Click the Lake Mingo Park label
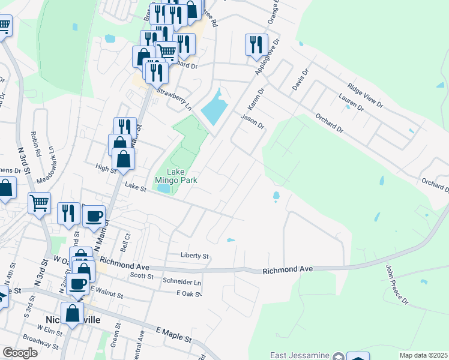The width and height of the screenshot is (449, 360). [x=176, y=175]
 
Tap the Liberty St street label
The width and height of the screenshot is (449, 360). [x=194, y=256]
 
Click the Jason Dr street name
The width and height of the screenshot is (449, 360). [x=253, y=122]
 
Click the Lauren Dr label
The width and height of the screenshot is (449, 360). [x=351, y=102]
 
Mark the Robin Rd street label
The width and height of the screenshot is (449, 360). [x=37, y=144]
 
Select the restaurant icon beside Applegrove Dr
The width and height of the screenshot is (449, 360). [x=256, y=44]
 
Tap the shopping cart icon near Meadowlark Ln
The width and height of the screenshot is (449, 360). [x=39, y=203]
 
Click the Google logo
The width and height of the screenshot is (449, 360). [x=20, y=353]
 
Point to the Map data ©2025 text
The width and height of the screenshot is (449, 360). [x=423, y=355]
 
